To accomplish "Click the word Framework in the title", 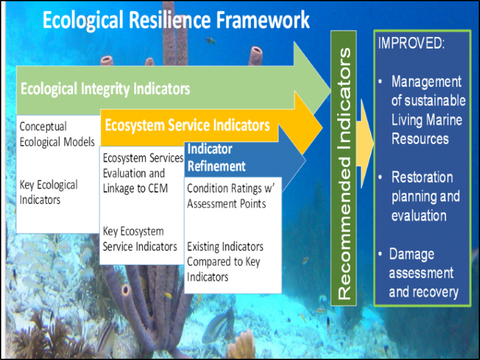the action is pos(263,20).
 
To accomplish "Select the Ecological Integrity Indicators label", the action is pos(106,89).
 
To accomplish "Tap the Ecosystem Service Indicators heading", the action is pos(188,125).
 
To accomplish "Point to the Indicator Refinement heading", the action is pos(216,158).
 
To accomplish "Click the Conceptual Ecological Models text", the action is pos(57,134).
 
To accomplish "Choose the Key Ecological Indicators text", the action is pos(49,192).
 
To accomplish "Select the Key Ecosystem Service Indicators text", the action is pos(140,239).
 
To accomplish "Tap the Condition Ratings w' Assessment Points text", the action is pos(231,196).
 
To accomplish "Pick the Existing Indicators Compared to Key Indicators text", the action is pos(225,262).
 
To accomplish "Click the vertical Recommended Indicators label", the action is pos(344,173).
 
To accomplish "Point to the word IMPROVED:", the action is pos(412,43).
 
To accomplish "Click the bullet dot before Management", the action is pos(381,82).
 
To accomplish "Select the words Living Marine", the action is pos(427,120).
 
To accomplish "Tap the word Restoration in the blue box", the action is pos(422,177).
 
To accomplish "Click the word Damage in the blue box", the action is pos(412,254).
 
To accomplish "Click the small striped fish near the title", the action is pos(211,40).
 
